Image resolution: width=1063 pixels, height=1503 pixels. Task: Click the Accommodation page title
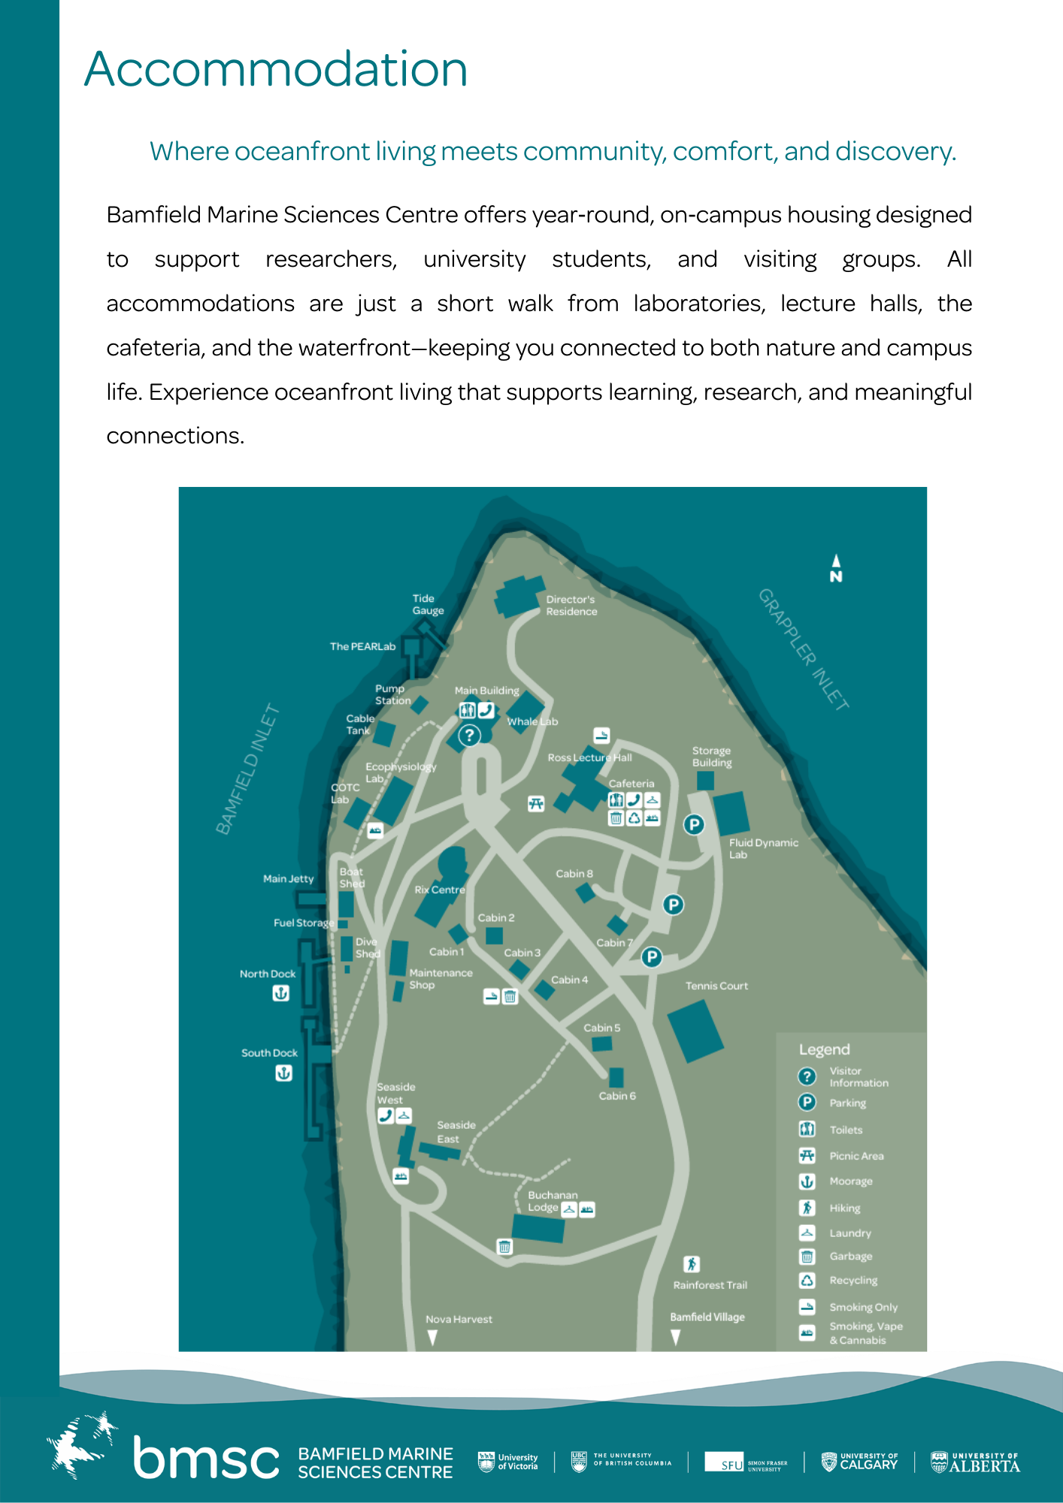[276, 69]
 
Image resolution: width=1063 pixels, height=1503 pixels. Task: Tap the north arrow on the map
[836, 567]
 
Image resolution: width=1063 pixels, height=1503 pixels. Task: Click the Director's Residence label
[571, 606]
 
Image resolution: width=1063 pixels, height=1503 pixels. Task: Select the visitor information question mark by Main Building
[469, 735]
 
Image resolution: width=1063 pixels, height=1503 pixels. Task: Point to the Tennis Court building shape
[695, 1032]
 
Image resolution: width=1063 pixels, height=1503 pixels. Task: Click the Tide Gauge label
[428, 605]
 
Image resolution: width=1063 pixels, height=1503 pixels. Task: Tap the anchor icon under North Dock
[280, 993]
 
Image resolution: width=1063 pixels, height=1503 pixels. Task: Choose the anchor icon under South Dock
[283, 1073]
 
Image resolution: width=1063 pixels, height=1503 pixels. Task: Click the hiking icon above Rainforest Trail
[692, 1265]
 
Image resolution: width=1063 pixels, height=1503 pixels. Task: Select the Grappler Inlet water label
[803, 649]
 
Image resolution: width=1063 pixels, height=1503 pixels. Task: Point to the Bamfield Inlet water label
[247, 770]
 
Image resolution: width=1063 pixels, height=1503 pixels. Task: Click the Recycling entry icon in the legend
[807, 1281]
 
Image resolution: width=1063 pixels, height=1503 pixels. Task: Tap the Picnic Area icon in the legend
[807, 1156]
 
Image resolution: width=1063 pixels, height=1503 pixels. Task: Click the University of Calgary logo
[859, 1462]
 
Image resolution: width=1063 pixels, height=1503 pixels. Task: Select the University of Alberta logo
[975, 1462]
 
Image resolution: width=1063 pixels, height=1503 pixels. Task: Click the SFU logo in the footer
[746, 1462]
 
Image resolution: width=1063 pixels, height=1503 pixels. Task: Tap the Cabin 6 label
[617, 1096]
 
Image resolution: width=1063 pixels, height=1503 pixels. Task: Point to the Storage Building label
[712, 757]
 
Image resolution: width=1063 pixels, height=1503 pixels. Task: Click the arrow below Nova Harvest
[432, 1338]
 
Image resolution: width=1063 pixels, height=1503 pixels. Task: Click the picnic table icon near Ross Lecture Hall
[535, 804]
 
